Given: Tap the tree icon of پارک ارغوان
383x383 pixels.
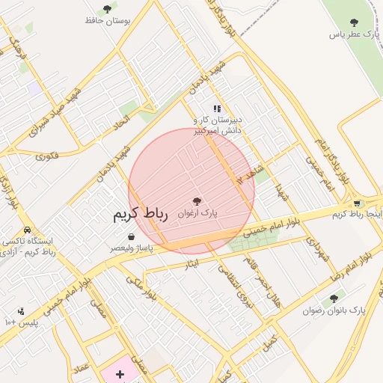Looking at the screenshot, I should (x=197, y=201).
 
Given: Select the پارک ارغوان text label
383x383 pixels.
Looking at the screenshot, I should (x=197, y=213).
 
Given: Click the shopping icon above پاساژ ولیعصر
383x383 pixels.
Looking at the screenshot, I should (x=132, y=237).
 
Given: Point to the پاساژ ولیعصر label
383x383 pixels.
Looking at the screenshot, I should (x=132, y=248).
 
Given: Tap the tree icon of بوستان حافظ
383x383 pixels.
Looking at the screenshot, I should (x=107, y=9).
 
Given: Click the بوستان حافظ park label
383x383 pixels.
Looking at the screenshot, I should (x=108, y=21).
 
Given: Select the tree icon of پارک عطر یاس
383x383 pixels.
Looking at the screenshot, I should (x=354, y=22).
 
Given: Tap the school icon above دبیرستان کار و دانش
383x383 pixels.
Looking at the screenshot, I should (x=217, y=108).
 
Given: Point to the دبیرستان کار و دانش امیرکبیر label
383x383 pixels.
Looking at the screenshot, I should (x=218, y=125).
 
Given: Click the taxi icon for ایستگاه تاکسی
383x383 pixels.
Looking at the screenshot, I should (x=28, y=230).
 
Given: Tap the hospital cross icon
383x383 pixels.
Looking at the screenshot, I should (x=120, y=373).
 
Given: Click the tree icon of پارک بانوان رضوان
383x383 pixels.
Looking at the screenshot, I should (x=334, y=298).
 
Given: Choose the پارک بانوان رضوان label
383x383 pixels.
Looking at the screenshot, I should (x=334, y=310).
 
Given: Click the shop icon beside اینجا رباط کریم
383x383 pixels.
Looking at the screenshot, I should (x=357, y=203).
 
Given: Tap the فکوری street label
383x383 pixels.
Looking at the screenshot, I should (x=46, y=156).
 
